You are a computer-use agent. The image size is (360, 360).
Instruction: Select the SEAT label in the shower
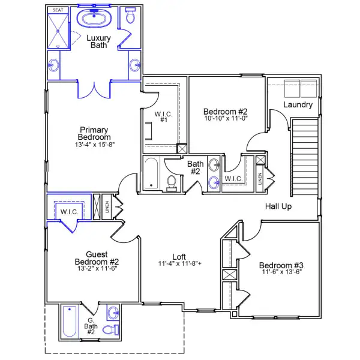(58, 10)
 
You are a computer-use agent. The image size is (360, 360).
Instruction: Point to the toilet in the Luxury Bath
(130, 16)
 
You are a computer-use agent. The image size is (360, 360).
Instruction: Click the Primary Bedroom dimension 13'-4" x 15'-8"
(94, 144)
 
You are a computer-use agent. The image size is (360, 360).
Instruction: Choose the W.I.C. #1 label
(163, 117)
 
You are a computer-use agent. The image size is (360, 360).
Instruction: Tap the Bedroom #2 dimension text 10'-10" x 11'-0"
(225, 119)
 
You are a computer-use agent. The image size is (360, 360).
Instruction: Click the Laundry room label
(298, 105)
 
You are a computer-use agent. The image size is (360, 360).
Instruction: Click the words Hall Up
(279, 206)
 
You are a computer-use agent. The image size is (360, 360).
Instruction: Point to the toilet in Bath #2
(172, 183)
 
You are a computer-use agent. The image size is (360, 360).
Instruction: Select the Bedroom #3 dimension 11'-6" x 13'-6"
(281, 272)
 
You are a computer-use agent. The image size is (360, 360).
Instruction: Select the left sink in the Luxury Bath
(54, 64)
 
